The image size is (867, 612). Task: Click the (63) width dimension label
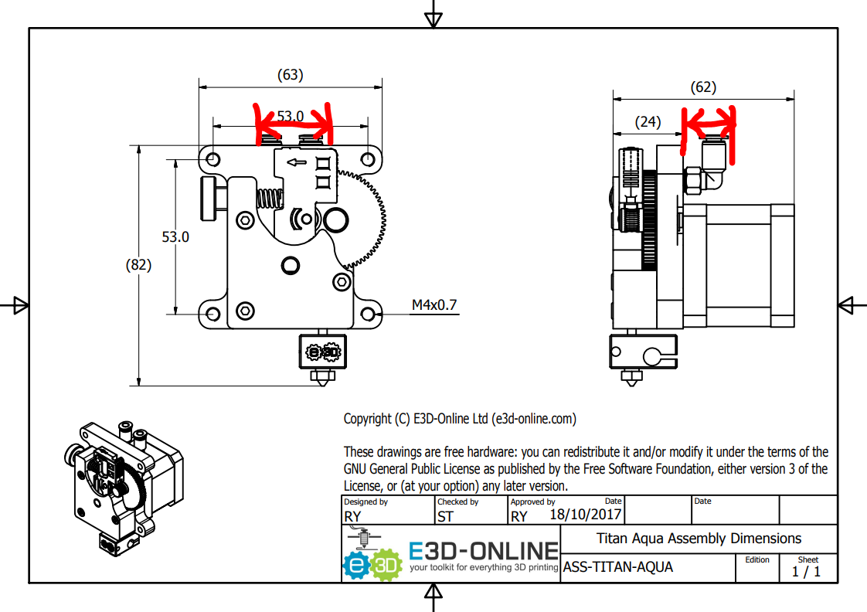pos(290,75)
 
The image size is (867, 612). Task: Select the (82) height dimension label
pos(138,264)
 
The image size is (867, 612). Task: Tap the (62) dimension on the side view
pos(703,87)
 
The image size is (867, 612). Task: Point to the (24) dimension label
pos(648,121)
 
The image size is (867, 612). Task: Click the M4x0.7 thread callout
pos(433,305)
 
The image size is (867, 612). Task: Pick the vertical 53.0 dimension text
pos(175,236)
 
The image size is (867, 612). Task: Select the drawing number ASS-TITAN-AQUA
pos(618,567)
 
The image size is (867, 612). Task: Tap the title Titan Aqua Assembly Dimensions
pos(699,539)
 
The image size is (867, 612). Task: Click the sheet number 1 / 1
pos(806,572)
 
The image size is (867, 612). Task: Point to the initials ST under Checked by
pos(445,516)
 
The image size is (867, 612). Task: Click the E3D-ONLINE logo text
pos(483,551)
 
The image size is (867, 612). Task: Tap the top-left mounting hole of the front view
pos(213,158)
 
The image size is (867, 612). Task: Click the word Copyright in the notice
pos(368,419)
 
